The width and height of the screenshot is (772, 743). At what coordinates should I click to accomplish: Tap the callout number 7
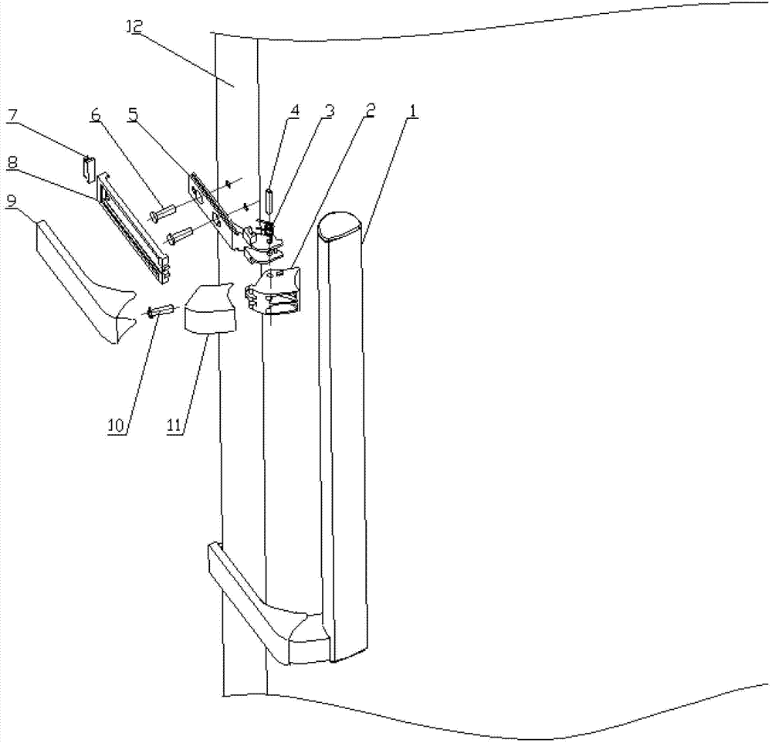pos(11,117)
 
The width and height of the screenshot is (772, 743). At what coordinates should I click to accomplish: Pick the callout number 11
pos(176,424)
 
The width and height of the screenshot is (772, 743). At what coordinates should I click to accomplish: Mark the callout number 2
pos(370,110)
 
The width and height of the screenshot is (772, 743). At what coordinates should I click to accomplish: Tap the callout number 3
pos(329,110)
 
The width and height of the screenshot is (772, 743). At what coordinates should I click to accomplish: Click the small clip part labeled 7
pos(89,165)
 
